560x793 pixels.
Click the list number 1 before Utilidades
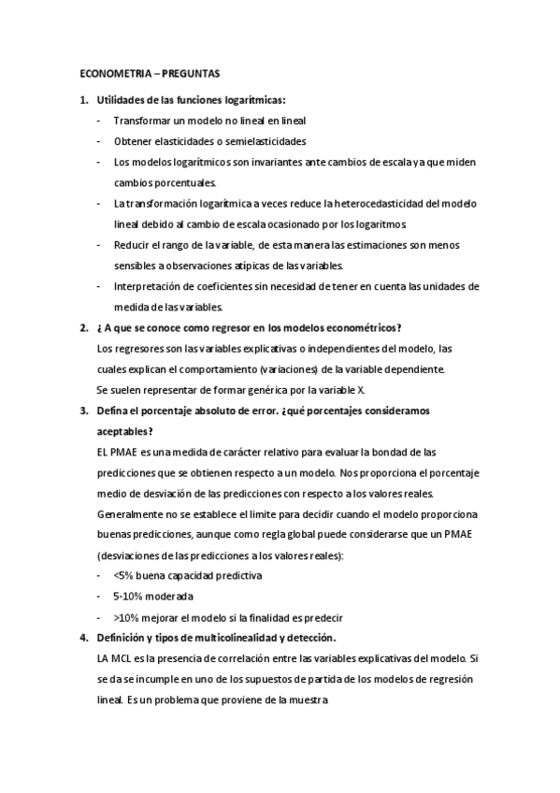pyautogui.click(x=82, y=100)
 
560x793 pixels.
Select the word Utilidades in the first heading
pyautogui.click(x=122, y=100)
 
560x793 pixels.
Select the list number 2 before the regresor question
pyautogui.click(x=82, y=327)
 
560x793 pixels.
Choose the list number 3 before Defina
pyautogui.click(x=82, y=410)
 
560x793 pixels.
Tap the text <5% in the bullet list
pyautogui.click(x=123, y=575)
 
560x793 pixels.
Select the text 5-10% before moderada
pyautogui.click(x=128, y=596)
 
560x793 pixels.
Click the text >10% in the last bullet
pyautogui.click(x=127, y=616)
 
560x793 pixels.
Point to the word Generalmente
pyautogui.click(x=129, y=513)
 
